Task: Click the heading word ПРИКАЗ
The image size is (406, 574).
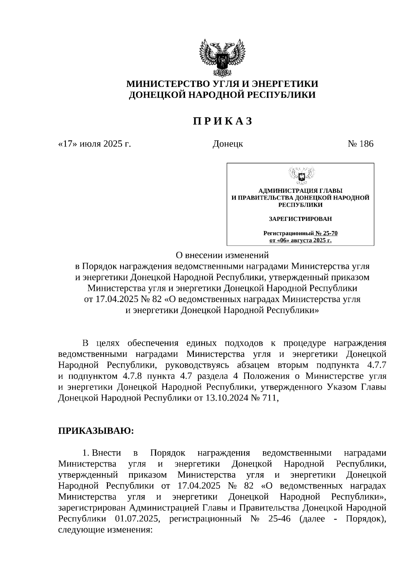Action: coord(222,121)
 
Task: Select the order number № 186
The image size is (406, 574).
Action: coord(360,144)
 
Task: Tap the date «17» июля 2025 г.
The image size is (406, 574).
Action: coord(94,144)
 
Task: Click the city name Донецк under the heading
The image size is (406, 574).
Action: coord(227,144)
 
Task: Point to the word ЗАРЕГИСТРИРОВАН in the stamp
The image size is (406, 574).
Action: coord(300,219)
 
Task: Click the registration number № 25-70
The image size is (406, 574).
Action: coord(326,233)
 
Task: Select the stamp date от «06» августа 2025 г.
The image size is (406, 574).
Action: coord(300,240)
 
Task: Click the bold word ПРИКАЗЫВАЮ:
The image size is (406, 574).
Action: coord(96,431)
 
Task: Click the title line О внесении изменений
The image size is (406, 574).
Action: coord(222,254)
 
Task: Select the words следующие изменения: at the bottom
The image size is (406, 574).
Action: coord(105,530)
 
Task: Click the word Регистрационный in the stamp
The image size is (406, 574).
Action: coord(288,233)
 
